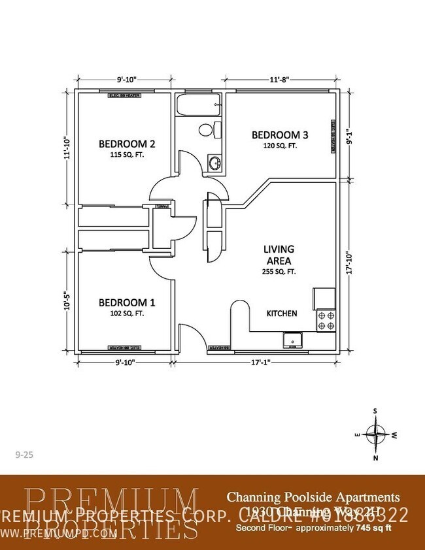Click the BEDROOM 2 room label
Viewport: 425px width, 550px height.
point(126,144)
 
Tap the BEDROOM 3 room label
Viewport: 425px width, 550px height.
point(280,135)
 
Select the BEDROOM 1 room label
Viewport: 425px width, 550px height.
point(126,302)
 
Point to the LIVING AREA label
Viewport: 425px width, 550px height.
point(279,253)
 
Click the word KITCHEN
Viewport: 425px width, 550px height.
point(282,314)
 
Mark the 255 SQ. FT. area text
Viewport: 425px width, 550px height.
point(279,270)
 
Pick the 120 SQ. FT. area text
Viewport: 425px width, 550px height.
point(280,146)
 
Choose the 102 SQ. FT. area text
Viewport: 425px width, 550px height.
point(126,314)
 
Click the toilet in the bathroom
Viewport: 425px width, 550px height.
point(207,130)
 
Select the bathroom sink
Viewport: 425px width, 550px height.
point(214,163)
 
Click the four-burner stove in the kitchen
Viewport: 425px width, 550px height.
point(326,320)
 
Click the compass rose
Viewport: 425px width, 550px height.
point(376,434)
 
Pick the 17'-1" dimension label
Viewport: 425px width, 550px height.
point(260,362)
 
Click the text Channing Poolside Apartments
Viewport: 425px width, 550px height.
point(313,498)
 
